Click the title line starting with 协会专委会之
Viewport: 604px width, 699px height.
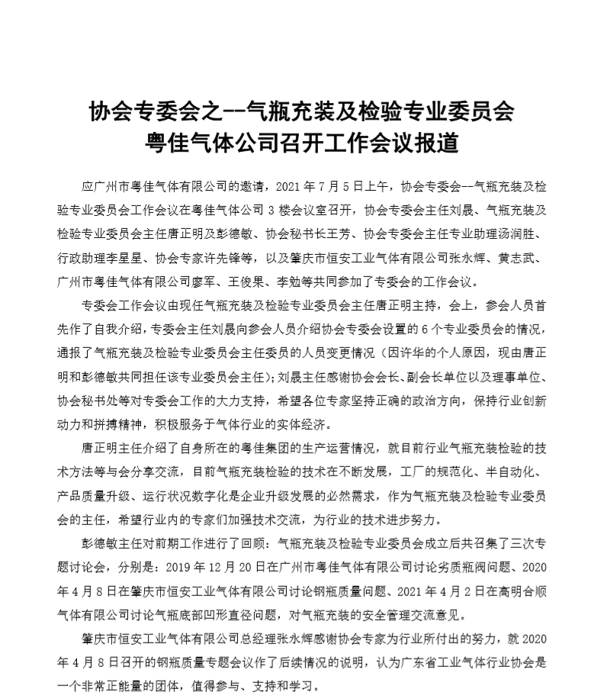[x=302, y=114]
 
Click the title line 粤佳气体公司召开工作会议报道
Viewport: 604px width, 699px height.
[x=302, y=142]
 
